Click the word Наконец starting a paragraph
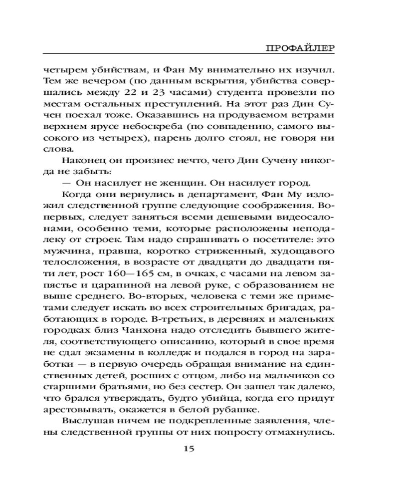pyautogui.click(x=83, y=161)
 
